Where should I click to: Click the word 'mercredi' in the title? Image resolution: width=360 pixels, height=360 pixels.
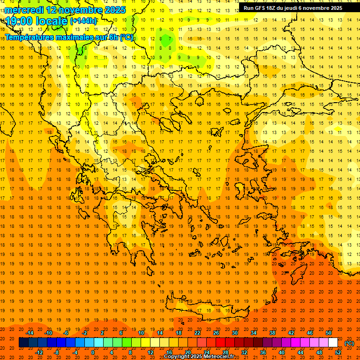coord(24,10)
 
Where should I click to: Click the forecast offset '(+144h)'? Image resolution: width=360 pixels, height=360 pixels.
coord(83,21)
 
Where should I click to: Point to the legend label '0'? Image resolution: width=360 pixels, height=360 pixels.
coord(93,352)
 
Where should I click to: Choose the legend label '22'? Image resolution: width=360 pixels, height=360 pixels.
coord(197,333)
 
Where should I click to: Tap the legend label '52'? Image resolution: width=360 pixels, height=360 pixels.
coord(338,352)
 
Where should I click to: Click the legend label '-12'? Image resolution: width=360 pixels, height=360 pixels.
coord(39,352)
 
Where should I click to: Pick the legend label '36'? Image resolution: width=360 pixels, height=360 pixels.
coord(263,352)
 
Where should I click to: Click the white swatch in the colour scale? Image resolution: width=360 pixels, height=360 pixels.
coord(333,343)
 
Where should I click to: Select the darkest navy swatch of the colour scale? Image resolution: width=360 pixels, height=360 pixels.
coord(23,343)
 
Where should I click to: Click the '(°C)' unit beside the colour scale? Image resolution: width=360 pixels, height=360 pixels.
coord(349,343)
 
